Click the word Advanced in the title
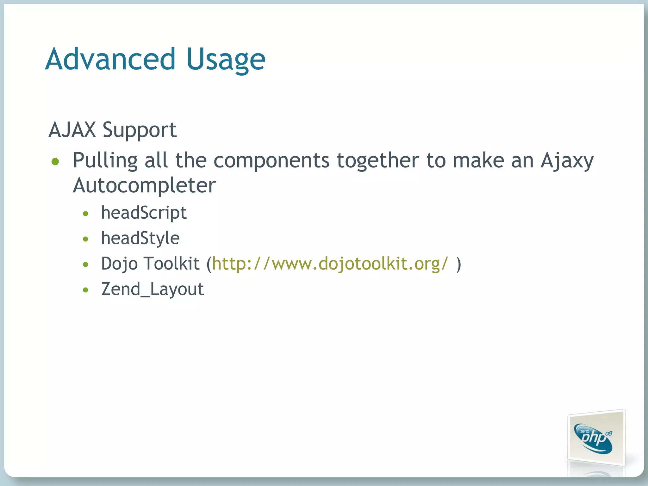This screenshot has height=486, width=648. pyautogui.click(x=110, y=59)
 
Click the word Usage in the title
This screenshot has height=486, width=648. pyautogui.click(x=226, y=60)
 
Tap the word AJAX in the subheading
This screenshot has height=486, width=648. pyautogui.click(x=72, y=130)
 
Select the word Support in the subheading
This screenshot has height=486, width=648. pyautogui.click(x=139, y=130)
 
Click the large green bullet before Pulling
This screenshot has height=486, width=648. pyautogui.click(x=55, y=162)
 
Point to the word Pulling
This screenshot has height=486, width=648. pyautogui.click(x=105, y=161)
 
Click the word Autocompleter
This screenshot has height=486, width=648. pyautogui.click(x=144, y=185)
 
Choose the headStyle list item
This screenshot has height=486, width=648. pyautogui.click(x=140, y=238)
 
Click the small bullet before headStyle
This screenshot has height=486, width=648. pyautogui.click(x=85, y=239)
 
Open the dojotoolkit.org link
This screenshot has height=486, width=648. pyautogui.click(x=330, y=264)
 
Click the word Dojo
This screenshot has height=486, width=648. pyautogui.click(x=119, y=264)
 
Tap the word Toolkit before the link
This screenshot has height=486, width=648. pyautogui.click(x=172, y=264)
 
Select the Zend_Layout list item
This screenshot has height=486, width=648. pyautogui.click(x=153, y=289)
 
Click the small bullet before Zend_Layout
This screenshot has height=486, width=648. pyautogui.click(x=85, y=290)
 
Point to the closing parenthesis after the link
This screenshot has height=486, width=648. pyautogui.click(x=459, y=264)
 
